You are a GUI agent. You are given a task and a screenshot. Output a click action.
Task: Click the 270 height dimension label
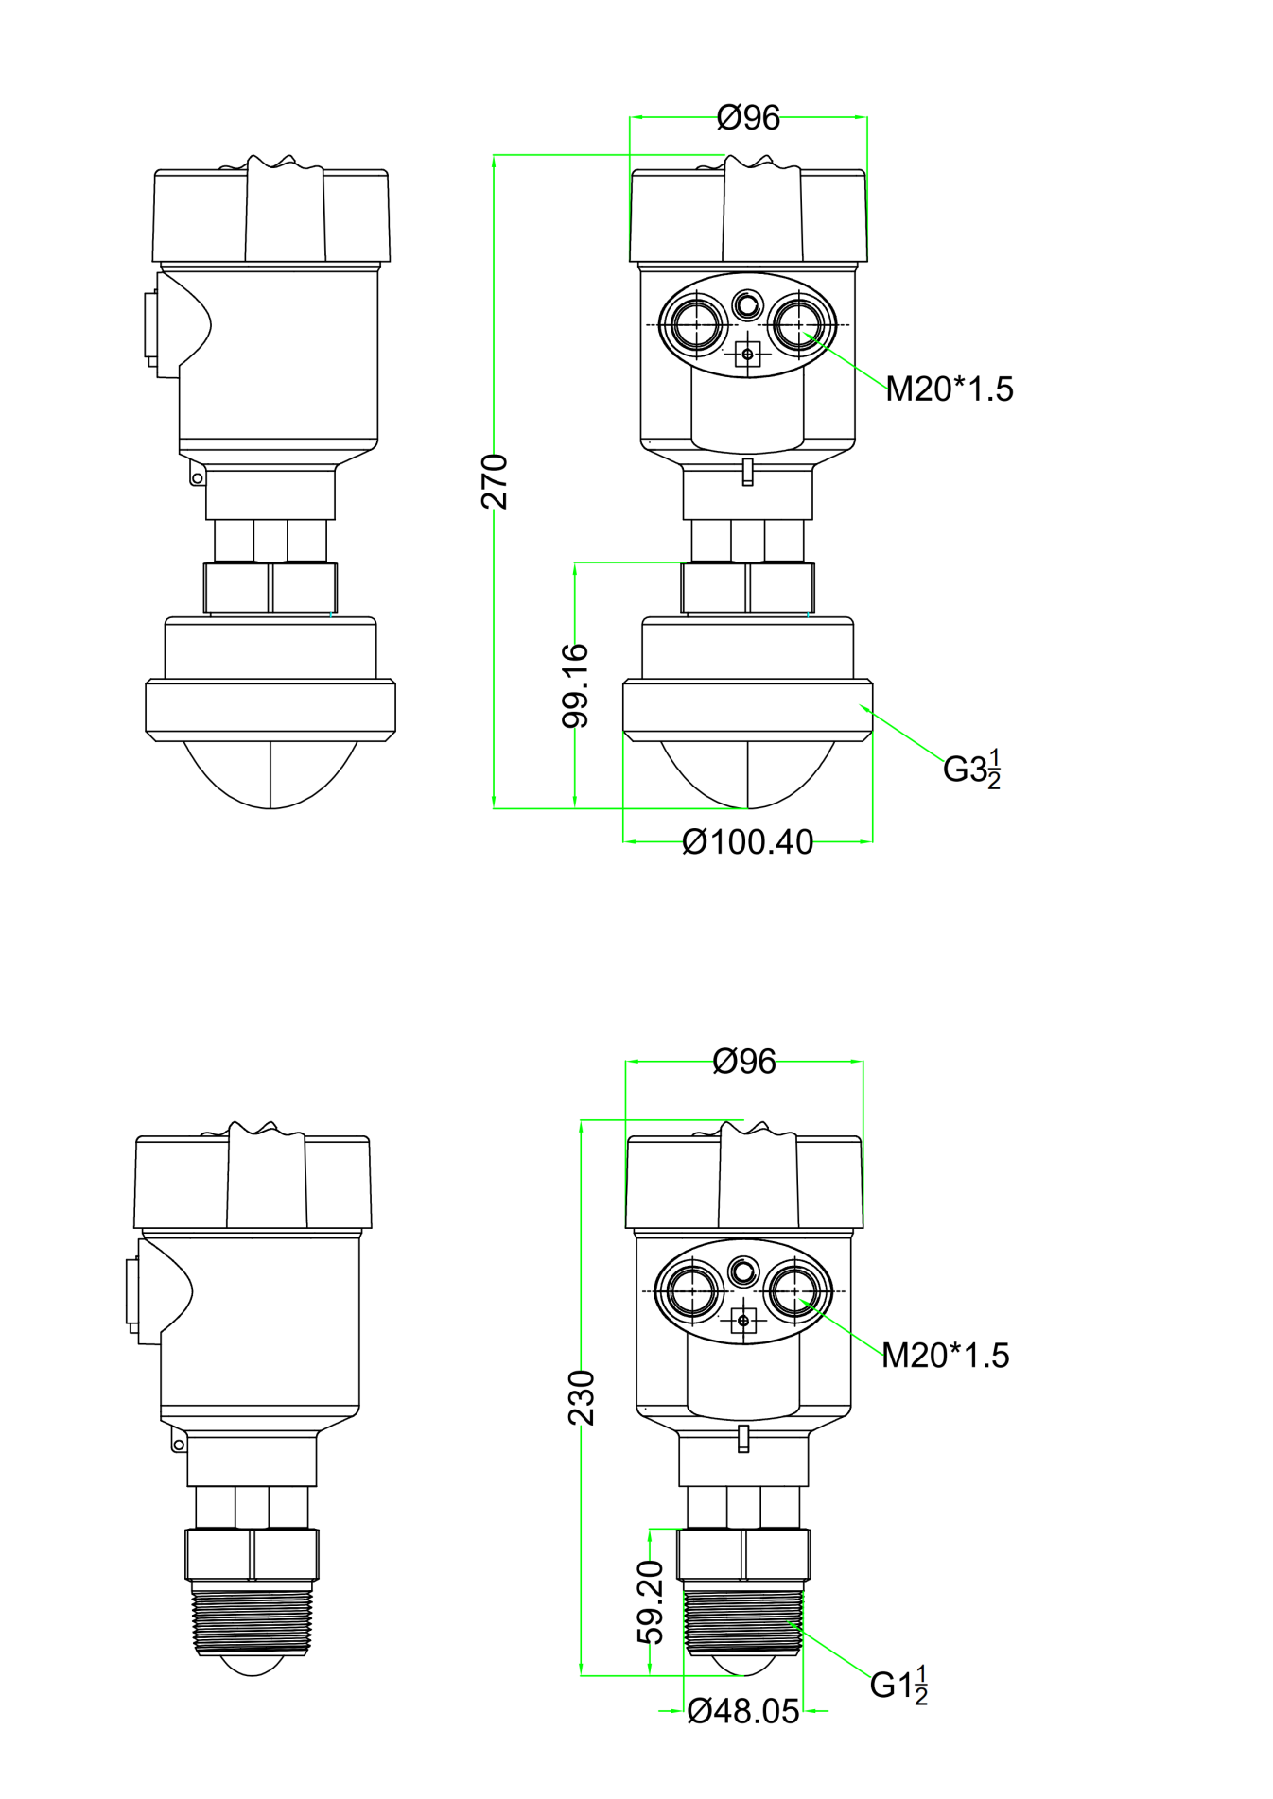(x=495, y=481)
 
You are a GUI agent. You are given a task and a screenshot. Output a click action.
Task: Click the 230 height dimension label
(x=582, y=1396)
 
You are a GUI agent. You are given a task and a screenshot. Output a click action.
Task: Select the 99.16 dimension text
(x=575, y=685)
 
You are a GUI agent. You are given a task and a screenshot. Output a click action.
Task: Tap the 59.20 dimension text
(x=651, y=1602)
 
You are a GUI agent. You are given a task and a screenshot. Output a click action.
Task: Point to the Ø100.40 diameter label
(x=747, y=841)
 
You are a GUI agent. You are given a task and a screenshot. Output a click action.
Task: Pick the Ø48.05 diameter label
(x=743, y=1711)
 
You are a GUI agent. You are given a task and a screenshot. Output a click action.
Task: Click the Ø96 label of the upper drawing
(x=748, y=118)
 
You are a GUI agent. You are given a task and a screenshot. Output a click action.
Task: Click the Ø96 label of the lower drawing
(x=744, y=1062)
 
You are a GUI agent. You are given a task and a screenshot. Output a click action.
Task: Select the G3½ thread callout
(x=972, y=769)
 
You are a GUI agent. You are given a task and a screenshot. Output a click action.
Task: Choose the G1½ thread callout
(x=898, y=1685)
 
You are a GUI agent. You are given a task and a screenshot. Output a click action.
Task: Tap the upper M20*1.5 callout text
(x=949, y=389)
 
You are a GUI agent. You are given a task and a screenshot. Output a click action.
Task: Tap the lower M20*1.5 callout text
(x=945, y=1355)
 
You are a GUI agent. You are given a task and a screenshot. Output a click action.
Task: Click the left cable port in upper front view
(x=697, y=324)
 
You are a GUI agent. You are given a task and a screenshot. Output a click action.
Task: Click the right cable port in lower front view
(x=794, y=1290)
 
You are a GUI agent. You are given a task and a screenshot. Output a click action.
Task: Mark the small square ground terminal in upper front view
(x=747, y=355)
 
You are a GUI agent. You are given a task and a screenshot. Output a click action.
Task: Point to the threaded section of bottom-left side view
(x=252, y=1620)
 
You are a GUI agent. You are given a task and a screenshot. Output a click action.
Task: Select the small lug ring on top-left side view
(x=197, y=478)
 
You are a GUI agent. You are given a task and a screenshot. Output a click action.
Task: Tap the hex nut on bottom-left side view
(x=252, y=1554)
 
